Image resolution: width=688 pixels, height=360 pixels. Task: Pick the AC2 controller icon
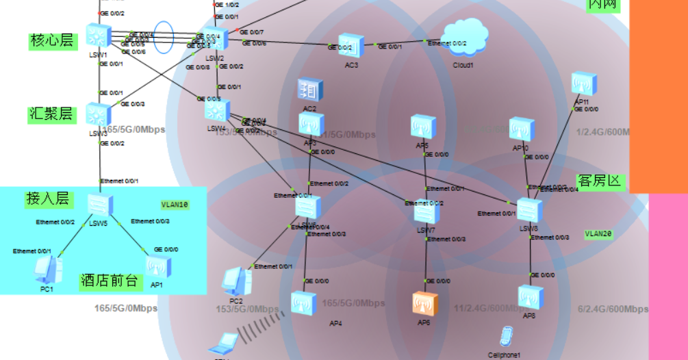point(309,90)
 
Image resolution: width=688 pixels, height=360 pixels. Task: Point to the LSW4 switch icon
point(216,110)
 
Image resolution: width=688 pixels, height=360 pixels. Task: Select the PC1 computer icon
point(48,269)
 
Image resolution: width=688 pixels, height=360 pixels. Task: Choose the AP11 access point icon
point(584,83)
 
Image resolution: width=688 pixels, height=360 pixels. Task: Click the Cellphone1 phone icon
point(505,337)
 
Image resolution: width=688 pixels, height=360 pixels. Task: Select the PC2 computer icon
point(236,281)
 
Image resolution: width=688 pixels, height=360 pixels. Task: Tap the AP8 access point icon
point(530,298)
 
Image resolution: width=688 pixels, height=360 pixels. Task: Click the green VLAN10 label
point(175,204)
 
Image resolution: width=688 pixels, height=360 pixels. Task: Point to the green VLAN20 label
point(598,233)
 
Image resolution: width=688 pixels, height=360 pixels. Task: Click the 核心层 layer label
point(51,41)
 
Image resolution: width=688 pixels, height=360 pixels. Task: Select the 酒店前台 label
point(109,281)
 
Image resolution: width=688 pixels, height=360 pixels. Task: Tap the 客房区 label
point(600,181)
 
